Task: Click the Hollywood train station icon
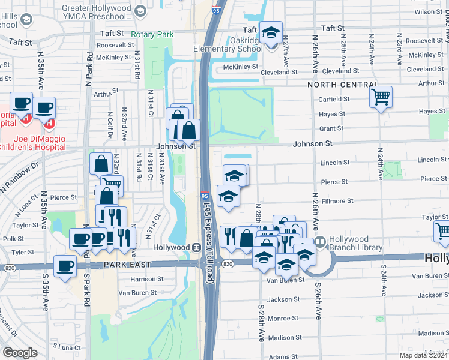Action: point(196,248)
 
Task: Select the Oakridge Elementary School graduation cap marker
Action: point(271,32)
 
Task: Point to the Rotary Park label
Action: point(152,35)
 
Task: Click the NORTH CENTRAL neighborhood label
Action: point(342,85)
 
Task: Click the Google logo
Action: point(20,352)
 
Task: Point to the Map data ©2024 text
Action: point(422,355)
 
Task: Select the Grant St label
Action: point(331,128)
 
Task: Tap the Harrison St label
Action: point(147,279)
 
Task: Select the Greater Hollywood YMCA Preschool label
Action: point(97,14)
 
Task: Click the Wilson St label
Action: point(427,11)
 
